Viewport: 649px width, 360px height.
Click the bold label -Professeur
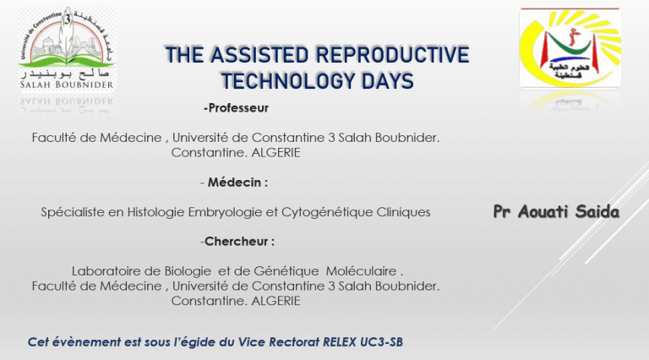pyautogui.click(x=236, y=108)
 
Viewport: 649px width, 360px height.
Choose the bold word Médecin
pyautogui.click(x=234, y=182)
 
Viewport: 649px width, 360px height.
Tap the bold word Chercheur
pyautogui.click(x=237, y=241)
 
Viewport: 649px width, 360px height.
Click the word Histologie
pyautogui.click(x=155, y=212)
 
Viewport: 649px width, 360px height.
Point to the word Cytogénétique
pyautogui.click(x=327, y=212)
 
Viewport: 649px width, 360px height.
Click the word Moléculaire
pyautogui.click(x=361, y=271)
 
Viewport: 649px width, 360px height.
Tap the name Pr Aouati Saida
pyautogui.click(x=556, y=211)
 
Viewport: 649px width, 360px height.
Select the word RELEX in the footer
pyautogui.click(x=340, y=342)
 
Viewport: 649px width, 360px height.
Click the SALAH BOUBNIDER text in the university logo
pyautogui.click(x=67, y=85)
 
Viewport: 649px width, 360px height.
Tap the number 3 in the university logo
pyautogui.click(x=68, y=19)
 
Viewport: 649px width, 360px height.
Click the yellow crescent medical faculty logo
pyautogui.click(x=570, y=47)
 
